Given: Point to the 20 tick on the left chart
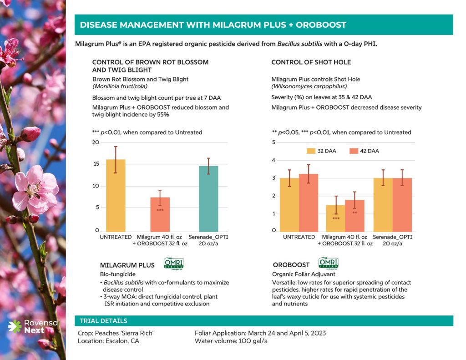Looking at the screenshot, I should tap(96, 142).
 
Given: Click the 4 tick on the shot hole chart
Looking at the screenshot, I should tap(274, 160).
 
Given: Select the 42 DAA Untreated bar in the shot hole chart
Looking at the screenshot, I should tap(308, 202).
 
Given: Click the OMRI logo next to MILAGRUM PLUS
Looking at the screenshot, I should tap(173, 264).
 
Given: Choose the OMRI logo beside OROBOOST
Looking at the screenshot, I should tap(329, 264).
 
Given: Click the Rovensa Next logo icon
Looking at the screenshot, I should tap(15, 326).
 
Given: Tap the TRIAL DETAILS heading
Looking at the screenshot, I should tap(103, 321).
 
